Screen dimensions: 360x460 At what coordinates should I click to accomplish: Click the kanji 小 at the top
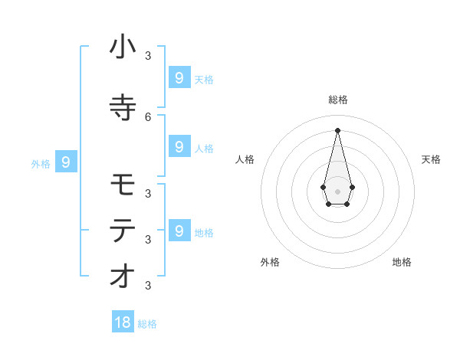click(123, 47)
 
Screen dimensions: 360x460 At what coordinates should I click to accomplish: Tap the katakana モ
click(123, 185)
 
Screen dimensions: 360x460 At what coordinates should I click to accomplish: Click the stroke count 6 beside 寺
click(148, 116)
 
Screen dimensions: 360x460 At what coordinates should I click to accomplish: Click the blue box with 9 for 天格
click(179, 77)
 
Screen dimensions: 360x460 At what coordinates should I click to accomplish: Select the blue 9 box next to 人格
click(179, 146)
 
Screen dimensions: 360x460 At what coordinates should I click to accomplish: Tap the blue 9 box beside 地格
click(179, 231)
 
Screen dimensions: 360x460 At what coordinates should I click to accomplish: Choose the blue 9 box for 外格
click(66, 162)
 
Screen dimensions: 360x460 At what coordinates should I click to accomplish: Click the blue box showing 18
click(123, 322)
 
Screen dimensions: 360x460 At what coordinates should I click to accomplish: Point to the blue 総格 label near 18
click(147, 324)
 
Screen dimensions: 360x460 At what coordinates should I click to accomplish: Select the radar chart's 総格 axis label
click(337, 100)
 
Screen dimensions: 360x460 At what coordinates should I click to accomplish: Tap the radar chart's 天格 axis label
click(432, 159)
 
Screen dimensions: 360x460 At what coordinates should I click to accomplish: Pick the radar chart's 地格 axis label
click(402, 262)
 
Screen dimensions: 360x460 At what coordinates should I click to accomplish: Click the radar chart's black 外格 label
click(270, 262)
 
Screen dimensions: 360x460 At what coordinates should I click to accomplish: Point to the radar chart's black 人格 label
click(245, 159)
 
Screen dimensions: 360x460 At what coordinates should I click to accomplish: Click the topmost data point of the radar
click(337, 129)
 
